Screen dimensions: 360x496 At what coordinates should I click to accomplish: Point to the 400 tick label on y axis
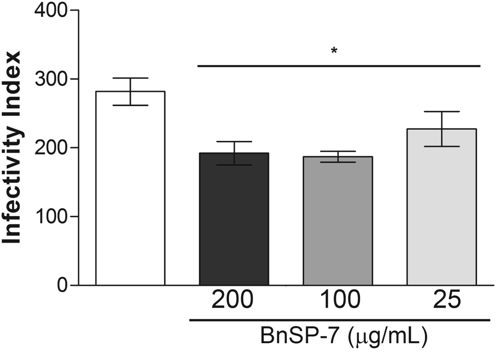pyautogui.click(x=51, y=10)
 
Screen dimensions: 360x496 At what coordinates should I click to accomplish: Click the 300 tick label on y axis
pyautogui.click(x=51, y=79)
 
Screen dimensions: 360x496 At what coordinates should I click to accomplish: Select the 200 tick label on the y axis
pyautogui.click(x=51, y=148)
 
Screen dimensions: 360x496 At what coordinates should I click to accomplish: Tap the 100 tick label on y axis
pyautogui.click(x=51, y=216)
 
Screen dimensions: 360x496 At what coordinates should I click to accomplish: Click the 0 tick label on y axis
pyautogui.click(x=62, y=285)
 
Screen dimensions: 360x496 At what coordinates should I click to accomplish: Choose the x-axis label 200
pyautogui.click(x=232, y=300)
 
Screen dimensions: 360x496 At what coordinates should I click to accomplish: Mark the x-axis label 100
pyautogui.click(x=340, y=300)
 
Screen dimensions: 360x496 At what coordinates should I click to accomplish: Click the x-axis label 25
pyautogui.click(x=447, y=300)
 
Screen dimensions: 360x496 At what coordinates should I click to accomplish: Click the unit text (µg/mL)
pyautogui.click(x=388, y=336)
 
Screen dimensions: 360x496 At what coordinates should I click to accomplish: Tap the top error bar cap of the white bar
pyautogui.click(x=130, y=78)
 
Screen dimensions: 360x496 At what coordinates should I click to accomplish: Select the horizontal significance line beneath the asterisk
pyautogui.click(x=338, y=66)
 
